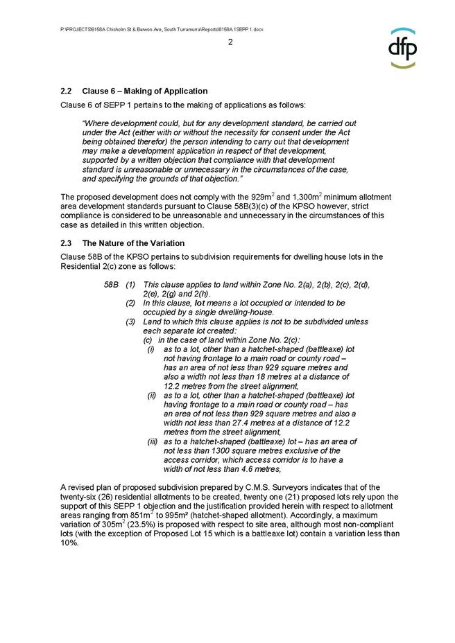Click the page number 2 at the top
pos(230,42)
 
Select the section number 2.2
pos(67,91)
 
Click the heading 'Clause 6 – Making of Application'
pos(144,91)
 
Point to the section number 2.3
pos(67,243)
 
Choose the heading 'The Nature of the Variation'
pos(133,243)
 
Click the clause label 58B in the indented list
pos(111,285)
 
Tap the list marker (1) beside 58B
pos(130,285)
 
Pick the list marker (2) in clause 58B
pos(130,303)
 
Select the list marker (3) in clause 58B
pos(130,321)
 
